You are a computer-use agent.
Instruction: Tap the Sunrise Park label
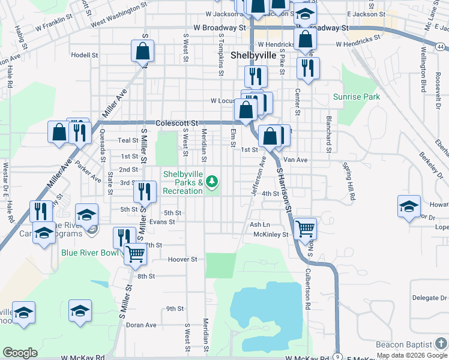[357, 97]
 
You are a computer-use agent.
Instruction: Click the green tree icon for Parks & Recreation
[211, 181]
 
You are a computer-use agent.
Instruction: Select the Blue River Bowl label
[90, 253]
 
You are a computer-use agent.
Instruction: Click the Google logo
[20, 353]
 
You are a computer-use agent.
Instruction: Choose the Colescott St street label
[176, 122]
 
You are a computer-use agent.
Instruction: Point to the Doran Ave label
[141, 325]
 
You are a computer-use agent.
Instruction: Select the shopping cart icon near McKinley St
[306, 228]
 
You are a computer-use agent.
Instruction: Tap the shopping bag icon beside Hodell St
[143, 52]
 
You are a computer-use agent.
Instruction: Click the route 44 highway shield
[441, 47]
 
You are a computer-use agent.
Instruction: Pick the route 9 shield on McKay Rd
[338, 356]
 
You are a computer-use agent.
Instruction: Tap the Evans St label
[162, 221]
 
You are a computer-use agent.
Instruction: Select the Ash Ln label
[260, 224]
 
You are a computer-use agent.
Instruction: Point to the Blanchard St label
[328, 131]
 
